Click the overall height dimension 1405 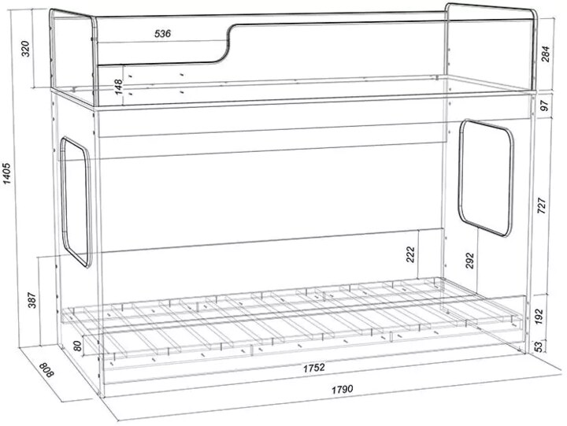pyautogui.click(x=8, y=173)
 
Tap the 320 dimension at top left pyautogui.click(x=26, y=49)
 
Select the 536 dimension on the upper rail pyautogui.click(x=163, y=34)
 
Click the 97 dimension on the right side pyautogui.click(x=545, y=106)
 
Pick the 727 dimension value pyautogui.click(x=542, y=206)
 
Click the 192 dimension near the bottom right pyautogui.click(x=539, y=316)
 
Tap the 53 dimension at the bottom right pyautogui.click(x=539, y=346)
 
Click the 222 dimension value pyautogui.click(x=410, y=254)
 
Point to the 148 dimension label pyautogui.click(x=119, y=87)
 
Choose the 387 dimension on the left pyautogui.click(x=32, y=300)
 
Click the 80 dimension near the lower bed pyautogui.click(x=77, y=346)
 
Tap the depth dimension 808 pyautogui.click(x=46, y=370)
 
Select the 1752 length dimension pyautogui.click(x=314, y=369)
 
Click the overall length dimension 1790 pyautogui.click(x=342, y=390)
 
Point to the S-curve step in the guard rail pyautogui.click(x=228, y=43)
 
